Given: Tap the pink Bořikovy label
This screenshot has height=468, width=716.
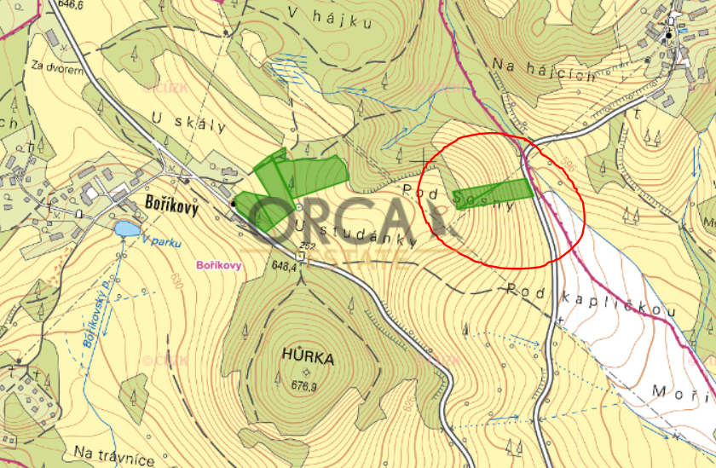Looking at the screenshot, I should click(219, 265).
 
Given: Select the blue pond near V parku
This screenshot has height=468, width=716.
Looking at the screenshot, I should click(127, 228).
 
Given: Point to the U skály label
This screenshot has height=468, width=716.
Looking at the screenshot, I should click(189, 119).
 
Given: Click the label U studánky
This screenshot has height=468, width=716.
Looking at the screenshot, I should click(358, 233).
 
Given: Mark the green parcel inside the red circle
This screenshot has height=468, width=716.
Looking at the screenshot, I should click(494, 193).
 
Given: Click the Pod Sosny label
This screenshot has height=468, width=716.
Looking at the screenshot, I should click(459, 199).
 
